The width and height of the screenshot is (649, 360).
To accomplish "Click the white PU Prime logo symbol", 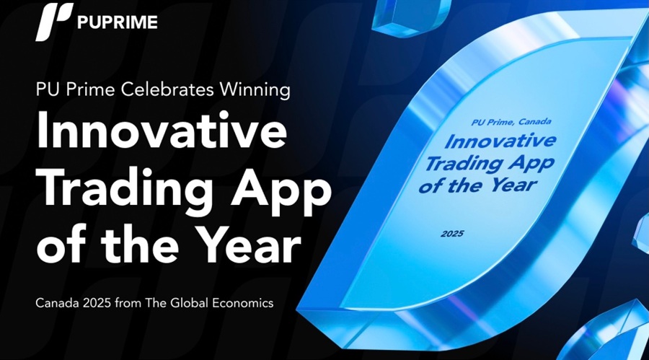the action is pyautogui.click(x=54, y=22).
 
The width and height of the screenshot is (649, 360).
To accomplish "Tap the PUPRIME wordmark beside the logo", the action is pyautogui.click(x=117, y=22).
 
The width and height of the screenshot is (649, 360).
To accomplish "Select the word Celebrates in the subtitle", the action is pyautogui.click(x=167, y=89).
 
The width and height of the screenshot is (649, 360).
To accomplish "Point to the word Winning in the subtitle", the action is pyautogui.click(x=255, y=90).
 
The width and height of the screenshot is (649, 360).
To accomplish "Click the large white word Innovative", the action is pyautogui.click(x=162, y=129).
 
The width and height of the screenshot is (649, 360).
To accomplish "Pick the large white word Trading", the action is pyautogui.click(x=125, y=188).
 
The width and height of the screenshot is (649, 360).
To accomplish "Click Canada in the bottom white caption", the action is pyautogui.click(x=57, y=303).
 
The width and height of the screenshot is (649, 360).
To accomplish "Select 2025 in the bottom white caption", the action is pyautogui.click(x=97, y=303).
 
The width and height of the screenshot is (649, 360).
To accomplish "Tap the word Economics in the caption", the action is pyautogui.click(x=243, y=303).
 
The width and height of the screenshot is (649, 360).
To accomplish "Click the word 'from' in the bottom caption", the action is pyautogui.click(x=128, y=303).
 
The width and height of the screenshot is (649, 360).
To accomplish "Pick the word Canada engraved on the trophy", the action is pyautogui.click(x=535, y=121).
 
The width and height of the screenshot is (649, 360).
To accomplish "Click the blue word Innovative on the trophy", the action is pyautogui.click(x=500, y=141).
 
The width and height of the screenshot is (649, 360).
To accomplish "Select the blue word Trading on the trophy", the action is pyautogui.click(x=464, y=164).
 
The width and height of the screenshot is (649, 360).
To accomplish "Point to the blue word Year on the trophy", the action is pyautogui.click(x=513, y=185).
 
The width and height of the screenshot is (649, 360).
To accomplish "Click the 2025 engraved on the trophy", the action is pyautogui.click(x=452, y=234).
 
